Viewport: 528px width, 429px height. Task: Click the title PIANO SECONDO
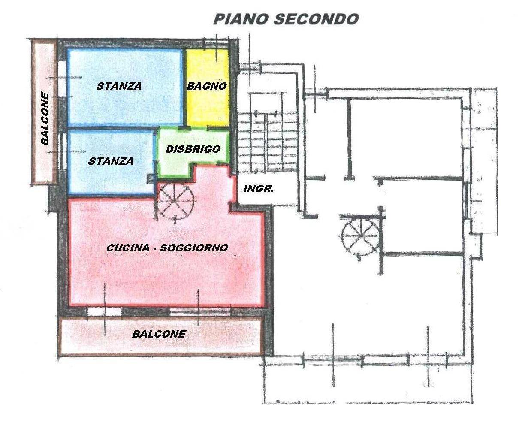pos(286,19)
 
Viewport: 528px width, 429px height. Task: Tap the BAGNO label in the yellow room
pos(207,86)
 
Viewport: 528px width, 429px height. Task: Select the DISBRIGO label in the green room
pos(193,149)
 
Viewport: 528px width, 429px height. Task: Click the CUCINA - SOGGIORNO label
pos(167,248)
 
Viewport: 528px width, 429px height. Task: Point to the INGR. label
pos(259,189)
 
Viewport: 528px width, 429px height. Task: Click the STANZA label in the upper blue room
pos(119,86)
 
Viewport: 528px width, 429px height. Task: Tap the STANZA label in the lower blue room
pos(111,161)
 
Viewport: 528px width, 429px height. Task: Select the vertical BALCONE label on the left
pos(45,119)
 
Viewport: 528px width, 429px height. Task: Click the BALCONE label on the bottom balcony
pos(159,334)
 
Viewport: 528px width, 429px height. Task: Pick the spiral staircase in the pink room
pos(175,201)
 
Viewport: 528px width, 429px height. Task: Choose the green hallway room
pos(193,152)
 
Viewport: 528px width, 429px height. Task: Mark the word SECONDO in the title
pos(316,19)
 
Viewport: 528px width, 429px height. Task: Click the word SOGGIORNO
pos(194,248)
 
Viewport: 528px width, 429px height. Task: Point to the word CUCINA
pos(128,248)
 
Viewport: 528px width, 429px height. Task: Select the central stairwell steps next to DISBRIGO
pos(268,142)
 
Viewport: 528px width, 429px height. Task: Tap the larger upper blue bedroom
pos(125,87)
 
